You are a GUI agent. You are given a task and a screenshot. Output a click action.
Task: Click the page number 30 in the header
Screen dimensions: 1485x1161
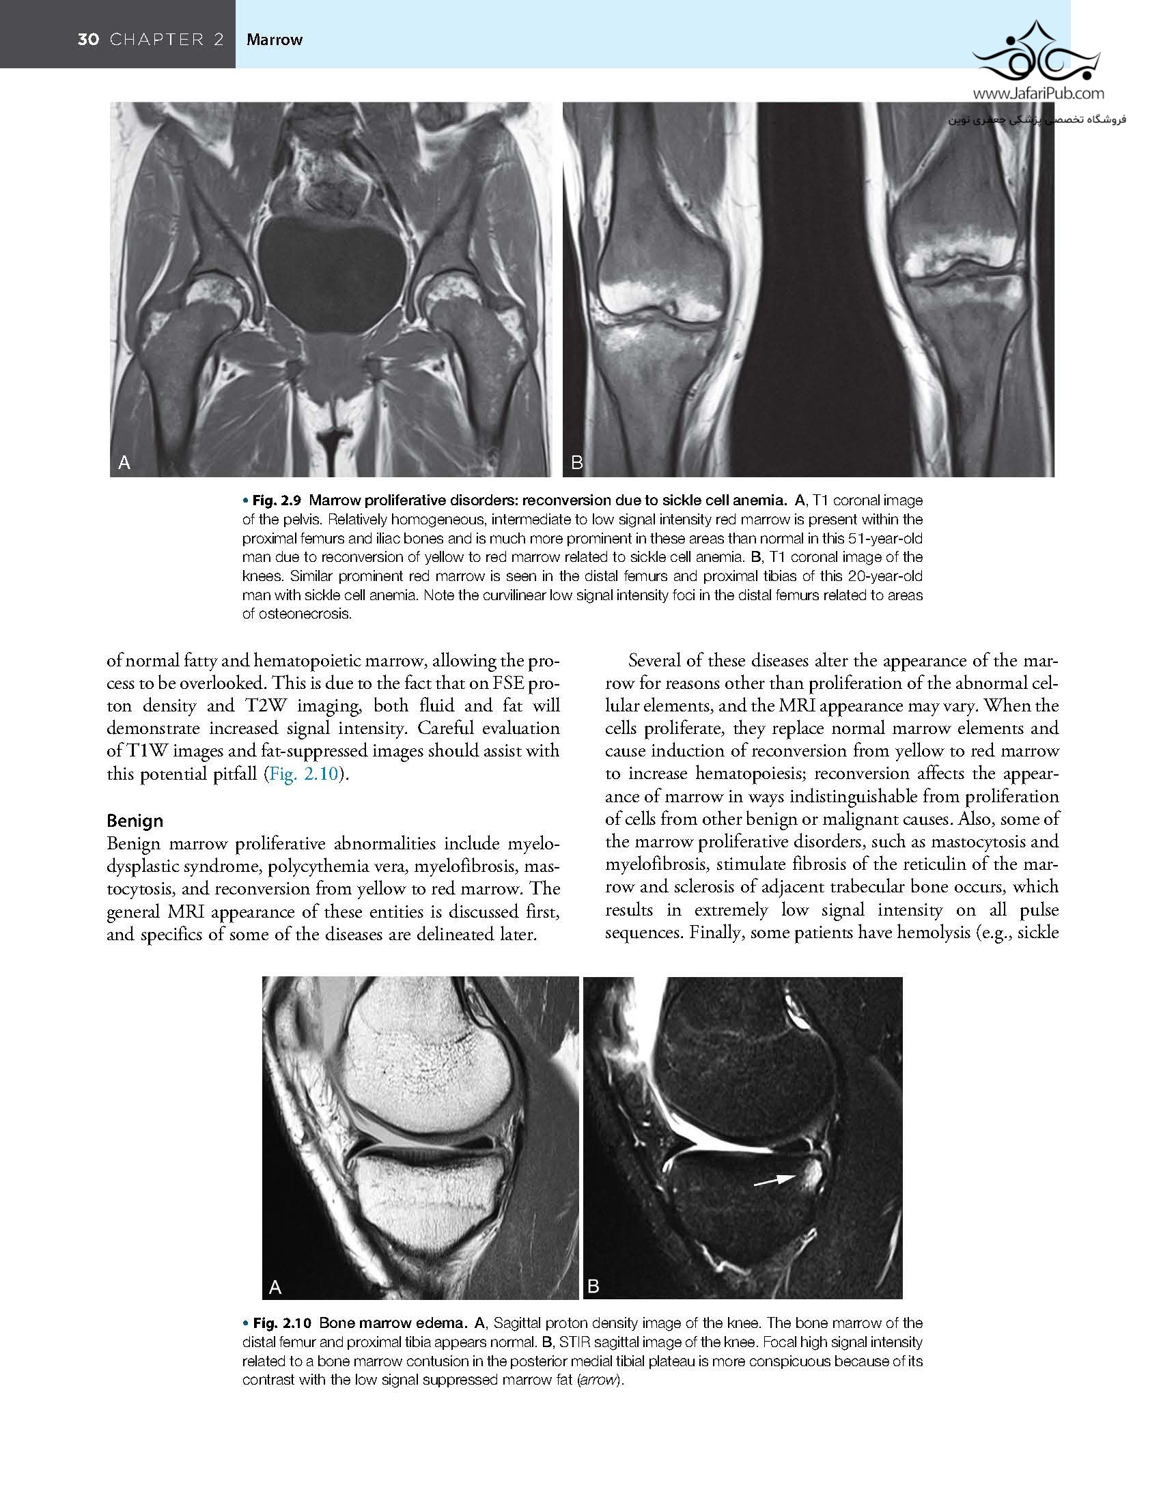tap(88, 40)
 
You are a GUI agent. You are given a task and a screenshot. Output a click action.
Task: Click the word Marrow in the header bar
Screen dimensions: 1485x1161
tap(274, 40)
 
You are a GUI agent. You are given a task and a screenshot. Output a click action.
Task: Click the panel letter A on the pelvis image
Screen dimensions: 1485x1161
tap(124, 463)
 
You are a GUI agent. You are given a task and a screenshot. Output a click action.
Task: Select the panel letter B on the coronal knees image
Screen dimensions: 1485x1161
tap(576, 463)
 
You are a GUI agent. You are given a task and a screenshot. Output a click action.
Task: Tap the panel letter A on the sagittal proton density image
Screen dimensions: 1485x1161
tap(275, 1287)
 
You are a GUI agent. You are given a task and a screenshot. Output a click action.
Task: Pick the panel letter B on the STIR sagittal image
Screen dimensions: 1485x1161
tap(593, 1287)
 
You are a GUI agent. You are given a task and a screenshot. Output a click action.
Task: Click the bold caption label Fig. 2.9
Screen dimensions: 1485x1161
tap(278, 501)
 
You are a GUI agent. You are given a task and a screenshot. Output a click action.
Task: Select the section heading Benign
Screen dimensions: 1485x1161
tap(135, 821)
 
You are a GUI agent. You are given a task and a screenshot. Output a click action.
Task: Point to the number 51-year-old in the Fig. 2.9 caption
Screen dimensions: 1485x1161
tap(885, 539)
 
